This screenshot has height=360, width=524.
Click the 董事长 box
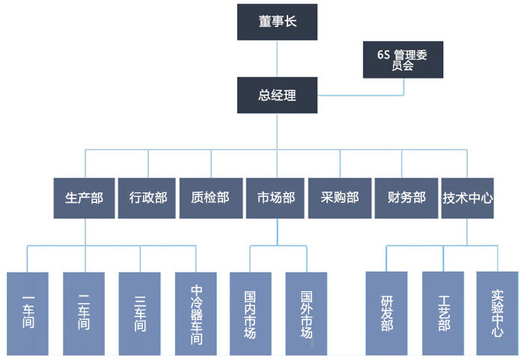(x=278, y=22)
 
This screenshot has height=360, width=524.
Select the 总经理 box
(x=278, y=95)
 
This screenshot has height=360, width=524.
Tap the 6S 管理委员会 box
(x=402, y=60)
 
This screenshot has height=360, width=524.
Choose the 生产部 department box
(x=84, y=198)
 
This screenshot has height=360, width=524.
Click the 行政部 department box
(x=147, y=198)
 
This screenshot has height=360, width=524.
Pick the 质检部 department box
(x=210, y=198)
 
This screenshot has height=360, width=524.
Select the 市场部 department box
(x=275, y=198)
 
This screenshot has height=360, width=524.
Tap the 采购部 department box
(x=340, y=198)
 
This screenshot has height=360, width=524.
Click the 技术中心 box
(x=468, y=198)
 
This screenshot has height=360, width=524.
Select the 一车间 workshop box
(x=28, y=313)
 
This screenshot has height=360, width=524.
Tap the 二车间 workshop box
(x=84, y=313)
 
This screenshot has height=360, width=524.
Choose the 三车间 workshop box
(x=140, y=313)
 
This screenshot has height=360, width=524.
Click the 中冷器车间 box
(x=196, y=313)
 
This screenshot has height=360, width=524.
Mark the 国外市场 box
(x=306, y=313)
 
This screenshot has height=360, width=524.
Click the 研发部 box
(x=386, y=313)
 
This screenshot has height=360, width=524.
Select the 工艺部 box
(x=443, y=313)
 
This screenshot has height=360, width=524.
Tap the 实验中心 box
(x=497, y=313)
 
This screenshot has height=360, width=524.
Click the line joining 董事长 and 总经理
(x=278, y=58)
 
